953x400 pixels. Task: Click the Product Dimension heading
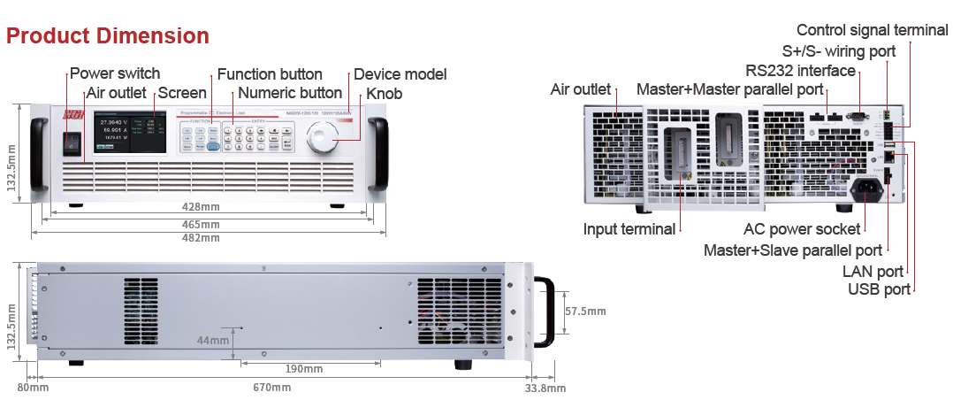point(108,36)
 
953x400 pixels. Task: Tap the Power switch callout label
point(115,73)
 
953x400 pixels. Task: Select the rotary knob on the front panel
point(321,140)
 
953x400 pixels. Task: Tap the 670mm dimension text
point(271,388)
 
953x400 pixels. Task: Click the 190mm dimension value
point(305,367)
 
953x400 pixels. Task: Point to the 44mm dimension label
point(213,340)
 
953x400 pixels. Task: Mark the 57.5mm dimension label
point(585,312)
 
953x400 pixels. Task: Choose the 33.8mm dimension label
point(545,388)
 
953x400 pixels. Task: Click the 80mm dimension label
point(33,388)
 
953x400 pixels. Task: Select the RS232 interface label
point(800,71)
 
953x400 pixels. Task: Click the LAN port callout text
point(873,272)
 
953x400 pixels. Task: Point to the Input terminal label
point(629,229)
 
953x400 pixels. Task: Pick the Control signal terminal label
point(872,30)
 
